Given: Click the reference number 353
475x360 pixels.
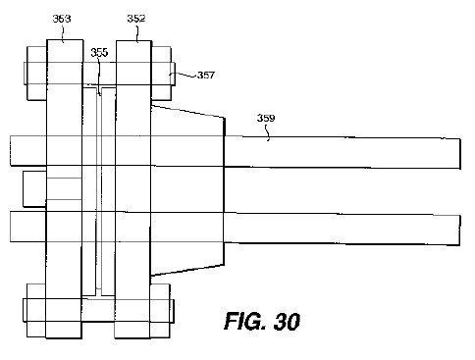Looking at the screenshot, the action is [x=62, y=19].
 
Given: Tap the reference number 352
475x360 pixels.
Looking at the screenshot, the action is [x=136, y=19].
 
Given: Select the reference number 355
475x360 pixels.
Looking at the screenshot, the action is [x=99, y=52].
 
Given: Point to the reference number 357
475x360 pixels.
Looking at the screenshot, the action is [x=206, y=76].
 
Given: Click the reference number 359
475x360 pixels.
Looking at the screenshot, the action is [x=266, y=118].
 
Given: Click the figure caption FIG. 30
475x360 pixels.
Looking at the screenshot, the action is [x=262, y=321].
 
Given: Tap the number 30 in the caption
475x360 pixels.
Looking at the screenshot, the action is [x=287, y=321].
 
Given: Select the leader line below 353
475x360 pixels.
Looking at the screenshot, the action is [x=63, y=33].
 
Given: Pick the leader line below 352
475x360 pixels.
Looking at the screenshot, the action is [x=137, y=33].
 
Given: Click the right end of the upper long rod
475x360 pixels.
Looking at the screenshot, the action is [x=460, y=154].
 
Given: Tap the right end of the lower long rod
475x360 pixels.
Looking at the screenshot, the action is [x=460, y=230].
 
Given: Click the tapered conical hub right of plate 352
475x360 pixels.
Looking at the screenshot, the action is [x=187, y=190].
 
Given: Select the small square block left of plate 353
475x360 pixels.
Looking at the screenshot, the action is [x=34, y=188].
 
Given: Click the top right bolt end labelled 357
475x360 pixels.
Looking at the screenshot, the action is [x=163, y=74].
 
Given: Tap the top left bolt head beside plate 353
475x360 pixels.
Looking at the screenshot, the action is [x=35, y=74].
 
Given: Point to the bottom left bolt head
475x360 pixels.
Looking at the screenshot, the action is [x=34, y=311].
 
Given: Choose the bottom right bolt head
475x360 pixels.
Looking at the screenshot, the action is [x=162, y=311].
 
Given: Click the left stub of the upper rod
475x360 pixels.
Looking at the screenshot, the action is [x=28, y=151].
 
